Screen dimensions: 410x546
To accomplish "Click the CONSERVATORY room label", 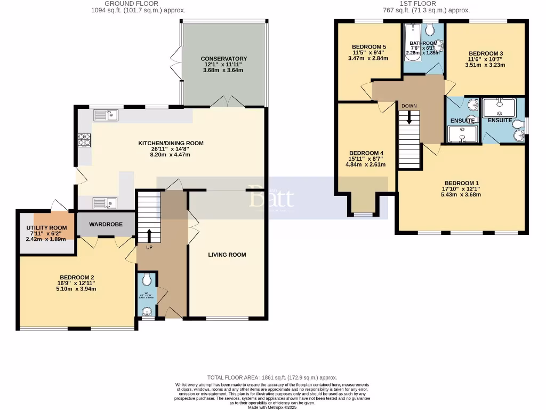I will (x=223, y=59).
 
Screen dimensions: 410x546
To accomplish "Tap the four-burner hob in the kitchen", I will (x=84, y=139).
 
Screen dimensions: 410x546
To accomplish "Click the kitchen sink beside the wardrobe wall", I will (x=105, y=202).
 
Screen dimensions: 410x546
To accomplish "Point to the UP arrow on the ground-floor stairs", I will (x=149, y=235).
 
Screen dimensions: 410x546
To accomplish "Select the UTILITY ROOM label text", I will (x=47, y=228).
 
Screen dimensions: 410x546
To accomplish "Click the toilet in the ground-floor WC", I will (x=147, y=279).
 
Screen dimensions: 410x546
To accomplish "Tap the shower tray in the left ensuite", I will (x=462, y=134).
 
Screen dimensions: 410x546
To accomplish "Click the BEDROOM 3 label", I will (x=485, y=53).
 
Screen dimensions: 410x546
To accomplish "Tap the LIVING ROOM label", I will (x=227, y=255).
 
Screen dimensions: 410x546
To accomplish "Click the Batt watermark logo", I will (x=271, y=198).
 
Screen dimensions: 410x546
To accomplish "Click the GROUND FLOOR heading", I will (x=124, y=3).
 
